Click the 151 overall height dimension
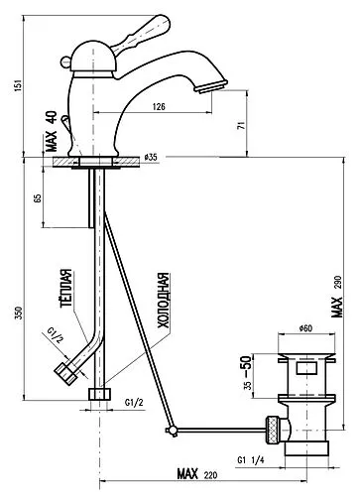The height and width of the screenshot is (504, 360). pos(19,85)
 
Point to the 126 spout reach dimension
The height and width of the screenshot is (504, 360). pos(159,107)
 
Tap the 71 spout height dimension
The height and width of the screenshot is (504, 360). pos(242,125)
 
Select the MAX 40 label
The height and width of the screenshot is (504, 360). pos(52,131)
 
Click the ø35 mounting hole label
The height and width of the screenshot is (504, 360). pos(151,158)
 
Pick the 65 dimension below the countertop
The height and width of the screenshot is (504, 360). pos(38,198)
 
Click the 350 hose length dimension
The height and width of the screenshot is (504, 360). pos(19,314)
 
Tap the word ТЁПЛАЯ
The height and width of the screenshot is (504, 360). pos(66,289)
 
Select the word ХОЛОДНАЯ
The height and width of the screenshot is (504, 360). pos(163,301)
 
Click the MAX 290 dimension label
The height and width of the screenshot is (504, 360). pos(337,297)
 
